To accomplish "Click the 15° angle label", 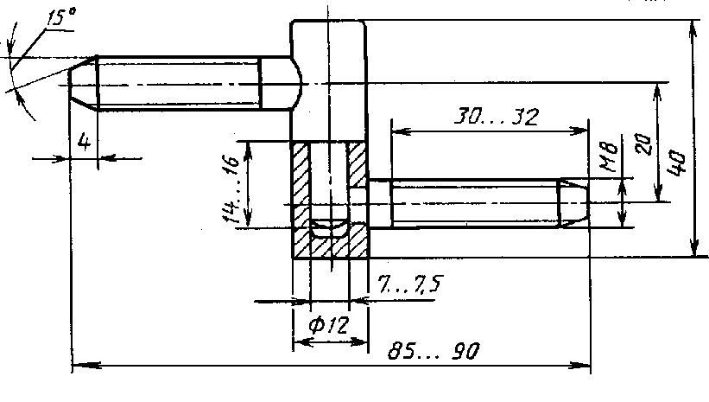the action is tap(61, 17).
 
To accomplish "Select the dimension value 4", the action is tap(84, 142).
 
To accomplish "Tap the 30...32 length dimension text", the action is tap(496, 117).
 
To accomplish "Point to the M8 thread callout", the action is tap(609, 157).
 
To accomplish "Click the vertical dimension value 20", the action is tap(644, 144).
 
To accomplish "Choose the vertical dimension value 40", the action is tap(677, 162).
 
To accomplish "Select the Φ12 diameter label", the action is tap(329, 324).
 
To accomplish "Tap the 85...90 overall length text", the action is tap(433, 351).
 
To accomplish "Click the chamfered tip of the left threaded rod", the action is tap(83, 83).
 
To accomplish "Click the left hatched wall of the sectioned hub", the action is tap(301, 199).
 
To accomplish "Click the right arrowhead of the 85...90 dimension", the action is tap(582, 366).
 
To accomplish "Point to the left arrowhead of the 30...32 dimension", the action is tap(400, 131).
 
